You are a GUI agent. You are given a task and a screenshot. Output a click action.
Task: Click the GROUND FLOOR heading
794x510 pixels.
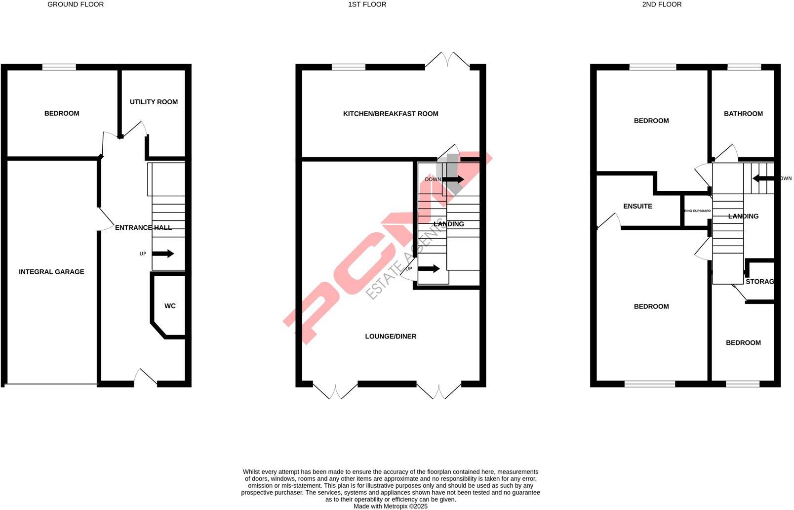(76, 4)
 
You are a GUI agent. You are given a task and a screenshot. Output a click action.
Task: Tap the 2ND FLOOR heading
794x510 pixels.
(662, 4)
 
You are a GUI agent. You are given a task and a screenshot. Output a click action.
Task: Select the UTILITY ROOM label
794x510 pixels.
(154, 102)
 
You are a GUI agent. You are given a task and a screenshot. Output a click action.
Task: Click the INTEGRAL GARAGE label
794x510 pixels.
(51, 272)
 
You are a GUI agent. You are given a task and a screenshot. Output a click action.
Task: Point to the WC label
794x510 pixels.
(170, 306)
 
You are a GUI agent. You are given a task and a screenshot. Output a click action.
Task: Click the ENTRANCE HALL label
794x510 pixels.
(143, 228)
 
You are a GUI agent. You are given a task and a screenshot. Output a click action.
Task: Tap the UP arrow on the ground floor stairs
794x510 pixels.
(162, 254)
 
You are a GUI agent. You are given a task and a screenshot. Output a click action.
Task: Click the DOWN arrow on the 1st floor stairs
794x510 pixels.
(453, 179)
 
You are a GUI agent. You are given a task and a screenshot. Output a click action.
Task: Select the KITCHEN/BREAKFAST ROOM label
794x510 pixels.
(391, 114)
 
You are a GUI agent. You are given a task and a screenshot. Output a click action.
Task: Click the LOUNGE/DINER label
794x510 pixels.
(391, 337)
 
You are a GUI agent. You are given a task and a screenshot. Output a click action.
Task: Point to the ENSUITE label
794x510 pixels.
(637, 206)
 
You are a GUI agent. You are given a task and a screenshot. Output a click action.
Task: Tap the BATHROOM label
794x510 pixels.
(743, 114)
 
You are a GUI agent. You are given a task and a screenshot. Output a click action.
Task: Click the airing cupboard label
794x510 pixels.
(697, 211)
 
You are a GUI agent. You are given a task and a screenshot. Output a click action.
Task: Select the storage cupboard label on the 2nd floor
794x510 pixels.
(759, 282)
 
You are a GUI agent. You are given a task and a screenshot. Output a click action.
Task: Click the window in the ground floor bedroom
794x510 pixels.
(59, 67)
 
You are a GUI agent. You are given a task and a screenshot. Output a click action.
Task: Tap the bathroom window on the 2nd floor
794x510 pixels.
(744, 67)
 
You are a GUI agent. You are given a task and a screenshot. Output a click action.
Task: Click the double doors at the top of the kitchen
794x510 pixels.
(447, 61)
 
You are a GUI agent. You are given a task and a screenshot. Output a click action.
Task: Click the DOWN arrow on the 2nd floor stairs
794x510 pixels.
(763, 178)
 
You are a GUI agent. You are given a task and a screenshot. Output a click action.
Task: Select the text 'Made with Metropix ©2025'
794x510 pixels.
(390, 506)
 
